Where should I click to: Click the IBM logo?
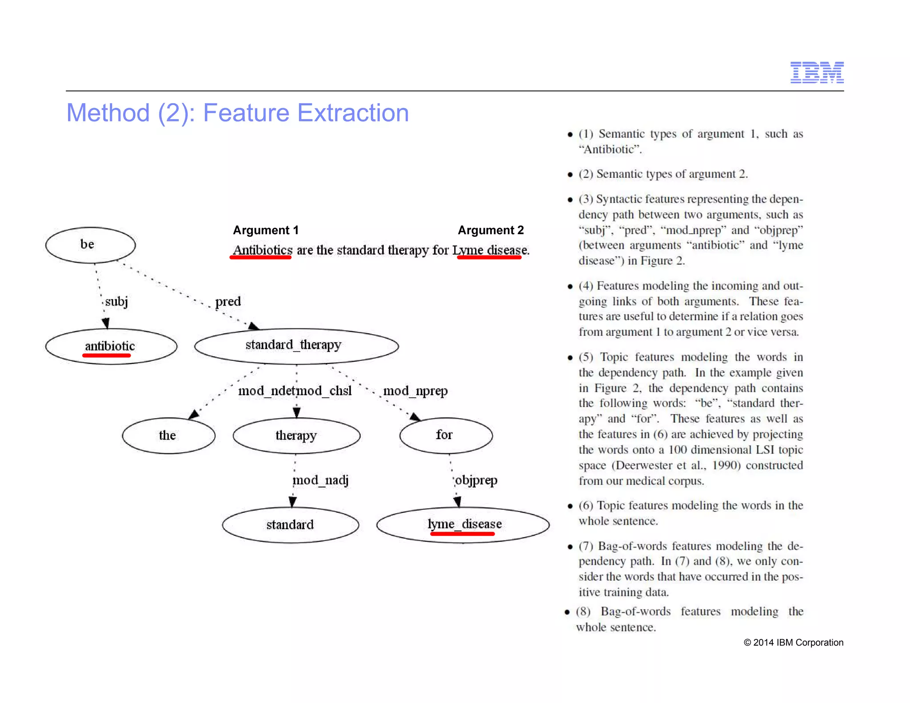[x=817, y=72]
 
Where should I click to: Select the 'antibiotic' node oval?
[x=111, y=346]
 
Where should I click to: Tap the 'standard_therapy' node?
[x=296, y=346]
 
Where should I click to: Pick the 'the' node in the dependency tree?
[x=168, y=435]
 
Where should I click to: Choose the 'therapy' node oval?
[x=296, y=435]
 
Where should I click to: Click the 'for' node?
[x=446, y=435]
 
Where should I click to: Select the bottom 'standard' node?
[x=291, y=525]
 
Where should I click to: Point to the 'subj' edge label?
[x=116, y=302]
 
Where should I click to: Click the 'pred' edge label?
[x=228, y=302]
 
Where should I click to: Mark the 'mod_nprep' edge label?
[x=415, y=391]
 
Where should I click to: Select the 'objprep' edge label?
[x=476, y=480]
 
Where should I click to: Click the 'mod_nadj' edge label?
[x=320, y=480]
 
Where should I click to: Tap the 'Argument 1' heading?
[x=266, y=230]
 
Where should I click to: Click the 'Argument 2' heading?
[x=491, y=230]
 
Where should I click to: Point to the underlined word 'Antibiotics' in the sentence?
[x=263, y=250]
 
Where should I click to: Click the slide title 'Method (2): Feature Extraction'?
[x=237, y=113]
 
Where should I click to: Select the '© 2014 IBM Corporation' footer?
[x=793, y=643]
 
